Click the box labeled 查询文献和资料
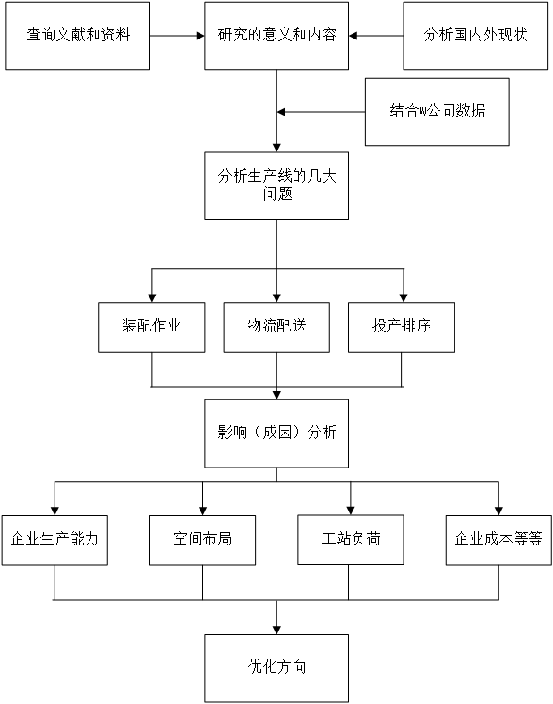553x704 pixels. point(78,36)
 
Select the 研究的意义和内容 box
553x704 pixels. point(276,36)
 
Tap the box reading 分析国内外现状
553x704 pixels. point(475,36)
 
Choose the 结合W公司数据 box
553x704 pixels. point(437,112)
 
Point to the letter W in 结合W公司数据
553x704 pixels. point(423,112)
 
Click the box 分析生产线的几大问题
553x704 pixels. point(276,185)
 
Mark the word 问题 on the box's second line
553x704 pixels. point(277,194)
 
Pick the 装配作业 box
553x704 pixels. point(151,327)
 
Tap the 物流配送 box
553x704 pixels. point(276,327)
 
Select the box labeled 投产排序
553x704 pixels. point(401,327)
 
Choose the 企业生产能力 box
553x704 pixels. point(55,540)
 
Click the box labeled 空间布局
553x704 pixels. point(202,540)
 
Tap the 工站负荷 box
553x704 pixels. point(351,540)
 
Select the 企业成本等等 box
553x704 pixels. point(498,540)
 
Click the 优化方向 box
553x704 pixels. point(276,668)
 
